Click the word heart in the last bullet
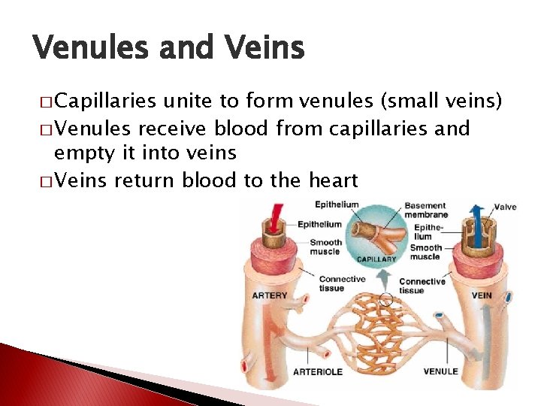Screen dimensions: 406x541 pos(332,180)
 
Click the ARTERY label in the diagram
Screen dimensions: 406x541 pos(269,295)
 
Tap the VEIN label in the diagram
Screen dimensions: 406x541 pos(482,295)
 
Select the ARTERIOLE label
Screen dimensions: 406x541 pos(317,371)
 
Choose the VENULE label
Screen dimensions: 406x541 pos(440,371)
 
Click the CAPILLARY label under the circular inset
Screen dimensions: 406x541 pos(376,259)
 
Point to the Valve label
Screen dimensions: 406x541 pos(505,207)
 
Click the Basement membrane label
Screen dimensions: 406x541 pos(425,210)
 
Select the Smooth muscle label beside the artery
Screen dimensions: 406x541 pos(325,247)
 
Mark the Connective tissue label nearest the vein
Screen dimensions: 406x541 pos(422,286)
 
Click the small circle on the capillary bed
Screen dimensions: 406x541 pos(386,300)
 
